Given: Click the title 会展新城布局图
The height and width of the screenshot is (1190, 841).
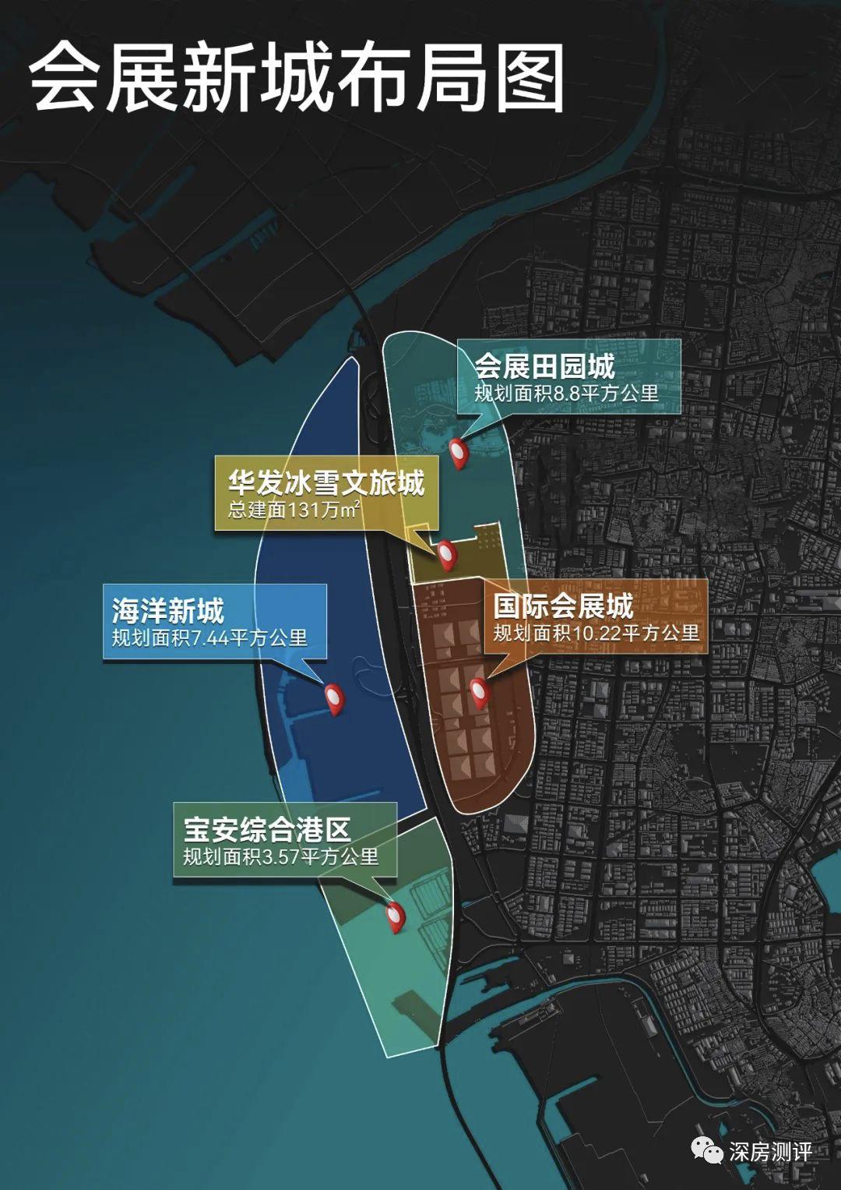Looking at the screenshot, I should tap(296, 78).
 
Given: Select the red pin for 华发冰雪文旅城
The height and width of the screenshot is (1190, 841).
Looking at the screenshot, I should tap(446, 553).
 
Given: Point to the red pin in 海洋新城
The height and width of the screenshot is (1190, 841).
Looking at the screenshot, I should tap(334, 698).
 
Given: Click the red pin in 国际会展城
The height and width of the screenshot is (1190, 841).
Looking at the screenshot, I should tap(478, 692).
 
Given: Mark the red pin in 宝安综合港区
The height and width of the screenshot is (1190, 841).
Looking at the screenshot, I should tap(396, 916).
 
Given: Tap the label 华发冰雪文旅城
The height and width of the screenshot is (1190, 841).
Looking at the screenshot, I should tap(326, 483).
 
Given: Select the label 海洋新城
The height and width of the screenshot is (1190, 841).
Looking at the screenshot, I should tap(167, 610).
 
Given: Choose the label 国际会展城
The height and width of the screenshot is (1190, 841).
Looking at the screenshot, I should tap(563, 606).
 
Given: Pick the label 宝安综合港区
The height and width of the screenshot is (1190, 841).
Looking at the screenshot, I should tap(267, 829).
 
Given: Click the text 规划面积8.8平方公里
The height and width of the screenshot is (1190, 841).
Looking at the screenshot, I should tap(566, 394).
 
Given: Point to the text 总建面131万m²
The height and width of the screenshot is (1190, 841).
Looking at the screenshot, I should tap(294, 510).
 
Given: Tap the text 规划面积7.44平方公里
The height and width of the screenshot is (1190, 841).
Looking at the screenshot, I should tap(209, 638).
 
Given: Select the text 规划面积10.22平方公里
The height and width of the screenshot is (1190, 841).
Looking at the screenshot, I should tap(596, 634).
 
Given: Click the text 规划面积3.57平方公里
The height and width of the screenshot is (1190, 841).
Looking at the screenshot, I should tap(280, 857).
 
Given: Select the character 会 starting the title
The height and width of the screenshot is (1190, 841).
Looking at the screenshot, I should tap(65, 78).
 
